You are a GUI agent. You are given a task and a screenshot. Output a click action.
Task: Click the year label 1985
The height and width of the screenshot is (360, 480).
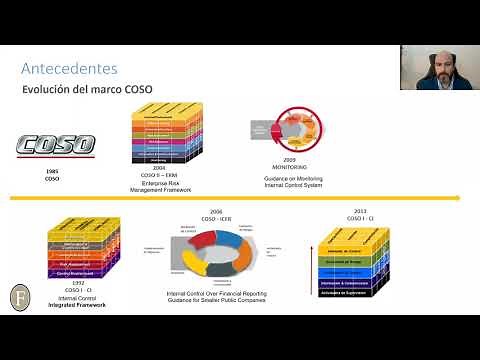(53, 171)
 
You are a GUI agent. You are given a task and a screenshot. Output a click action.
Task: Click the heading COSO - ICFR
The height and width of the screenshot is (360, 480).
(216, 219)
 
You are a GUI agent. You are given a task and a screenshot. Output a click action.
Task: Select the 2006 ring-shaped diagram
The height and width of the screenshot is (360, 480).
(216, 254)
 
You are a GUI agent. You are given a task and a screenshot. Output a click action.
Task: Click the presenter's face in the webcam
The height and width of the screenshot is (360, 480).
(439, 66)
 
